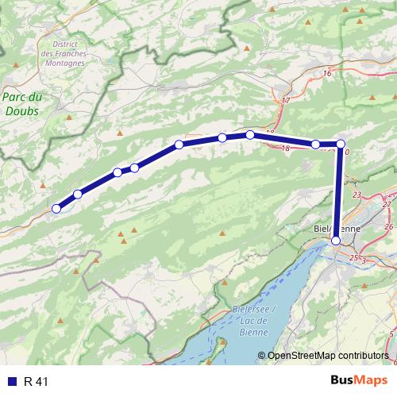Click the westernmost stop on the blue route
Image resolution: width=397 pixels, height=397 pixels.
pos(56,209)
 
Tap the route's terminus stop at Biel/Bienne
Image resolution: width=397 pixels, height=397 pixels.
pos(336,240)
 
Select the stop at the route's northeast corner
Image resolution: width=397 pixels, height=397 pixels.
pos(341,144)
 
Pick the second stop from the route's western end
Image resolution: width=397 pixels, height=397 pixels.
pos(78,195)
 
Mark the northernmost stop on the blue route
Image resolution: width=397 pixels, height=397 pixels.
pos(250,134)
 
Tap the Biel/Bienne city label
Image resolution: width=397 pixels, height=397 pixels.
pos(335,228)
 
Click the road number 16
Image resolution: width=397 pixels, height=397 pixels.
pos(327,73)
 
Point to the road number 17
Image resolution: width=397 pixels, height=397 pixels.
pos(286,102)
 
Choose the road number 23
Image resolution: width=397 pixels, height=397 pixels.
pos(357,195)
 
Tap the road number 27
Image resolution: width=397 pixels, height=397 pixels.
pos(387,204)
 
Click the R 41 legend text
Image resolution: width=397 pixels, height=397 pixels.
pos(36,381)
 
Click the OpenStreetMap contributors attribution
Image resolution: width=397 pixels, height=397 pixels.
pos(327,355)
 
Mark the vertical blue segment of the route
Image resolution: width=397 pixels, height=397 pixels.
pos(339,191)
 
